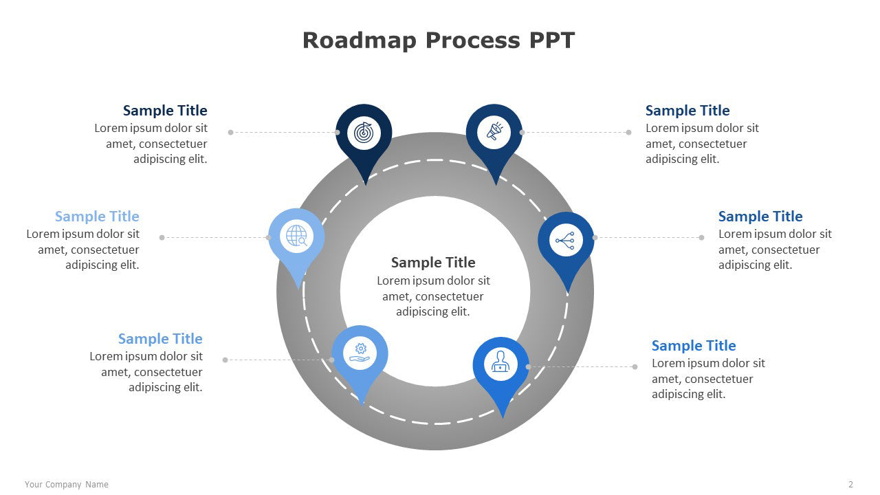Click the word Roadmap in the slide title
pos(359,41)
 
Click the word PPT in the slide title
pos(551,40)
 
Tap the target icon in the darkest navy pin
pos(364,133)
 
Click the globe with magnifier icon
pos(296,236)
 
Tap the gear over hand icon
pos(360,353)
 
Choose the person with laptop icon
pos(500,362)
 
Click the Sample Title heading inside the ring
pos(433,263)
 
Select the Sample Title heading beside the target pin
pos(165,111)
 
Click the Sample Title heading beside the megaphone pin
pos(687,111)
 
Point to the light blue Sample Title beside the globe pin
pos(97,216)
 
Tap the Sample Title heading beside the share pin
pos(760,216)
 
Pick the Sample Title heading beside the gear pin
pos(160,339)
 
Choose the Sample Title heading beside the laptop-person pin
pos(694,345)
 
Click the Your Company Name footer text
pos(67,485)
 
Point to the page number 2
pos(850,485)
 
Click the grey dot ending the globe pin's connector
pos(162,237)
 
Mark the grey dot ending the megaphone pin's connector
pos(628,133)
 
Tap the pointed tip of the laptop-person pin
pos(503,417)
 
